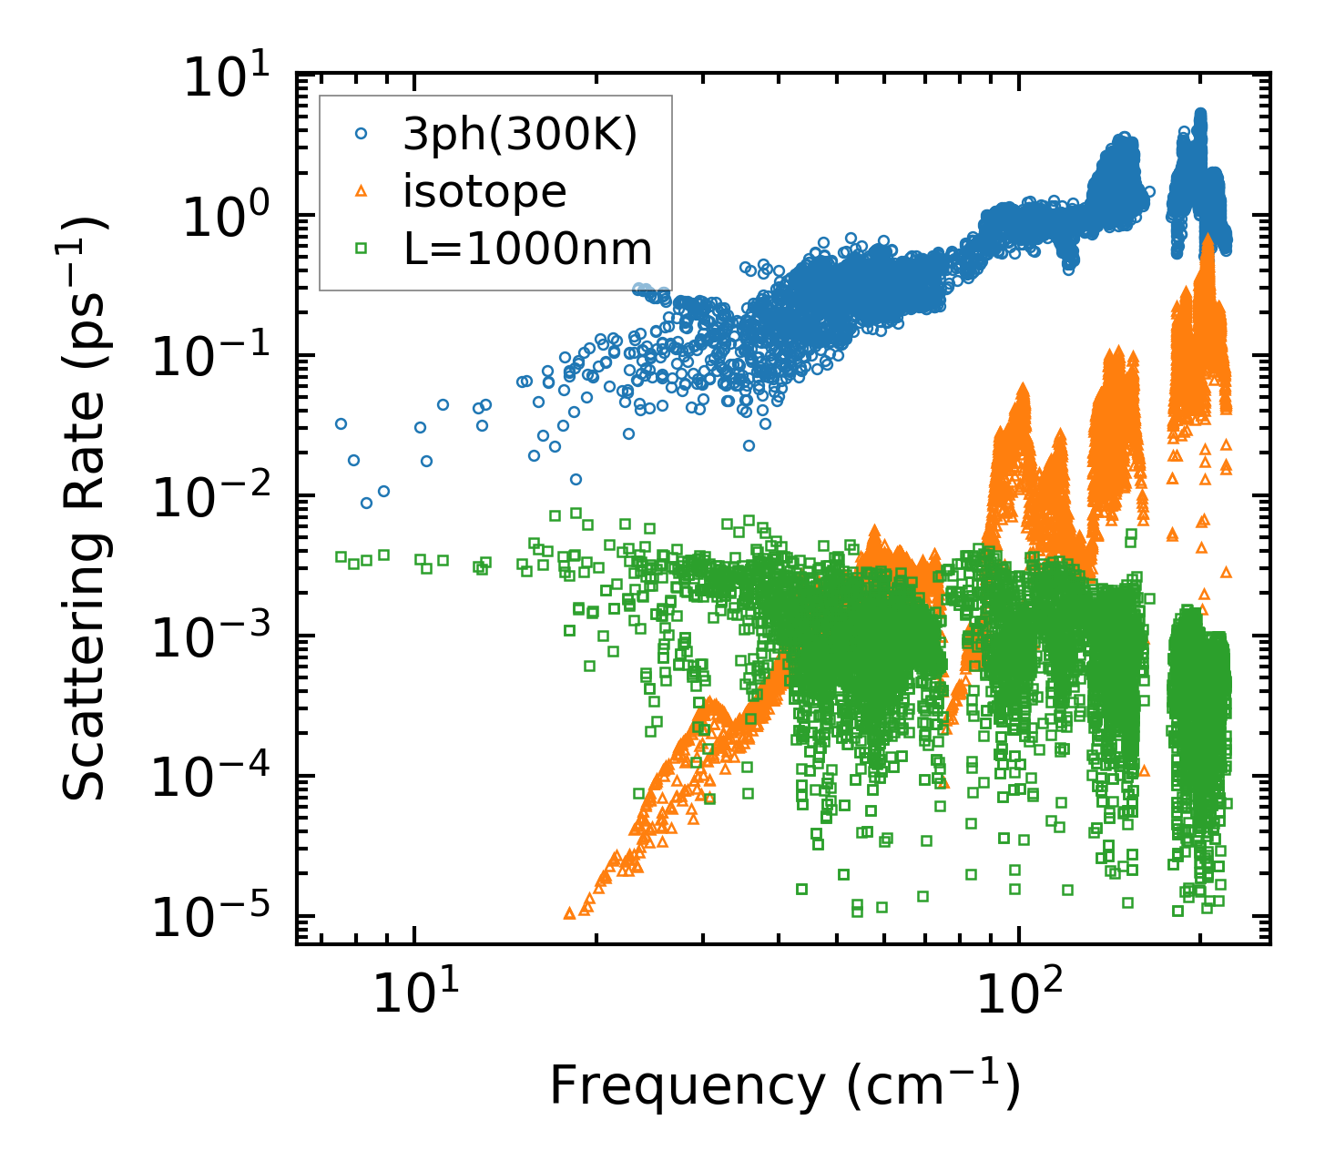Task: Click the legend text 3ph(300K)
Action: pos(520,135)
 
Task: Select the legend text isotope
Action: pos(484,192)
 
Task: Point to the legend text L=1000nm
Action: pos(527,249)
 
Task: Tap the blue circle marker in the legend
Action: pos(362,134)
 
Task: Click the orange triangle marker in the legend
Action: pos(362,191)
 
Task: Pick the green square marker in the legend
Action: pos(362,248)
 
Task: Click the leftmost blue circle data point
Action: pos(341,423)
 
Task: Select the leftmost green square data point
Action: pos(341,556)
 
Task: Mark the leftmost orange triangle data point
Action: pos(569,912)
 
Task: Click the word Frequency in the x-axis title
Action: pos(686,1084)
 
